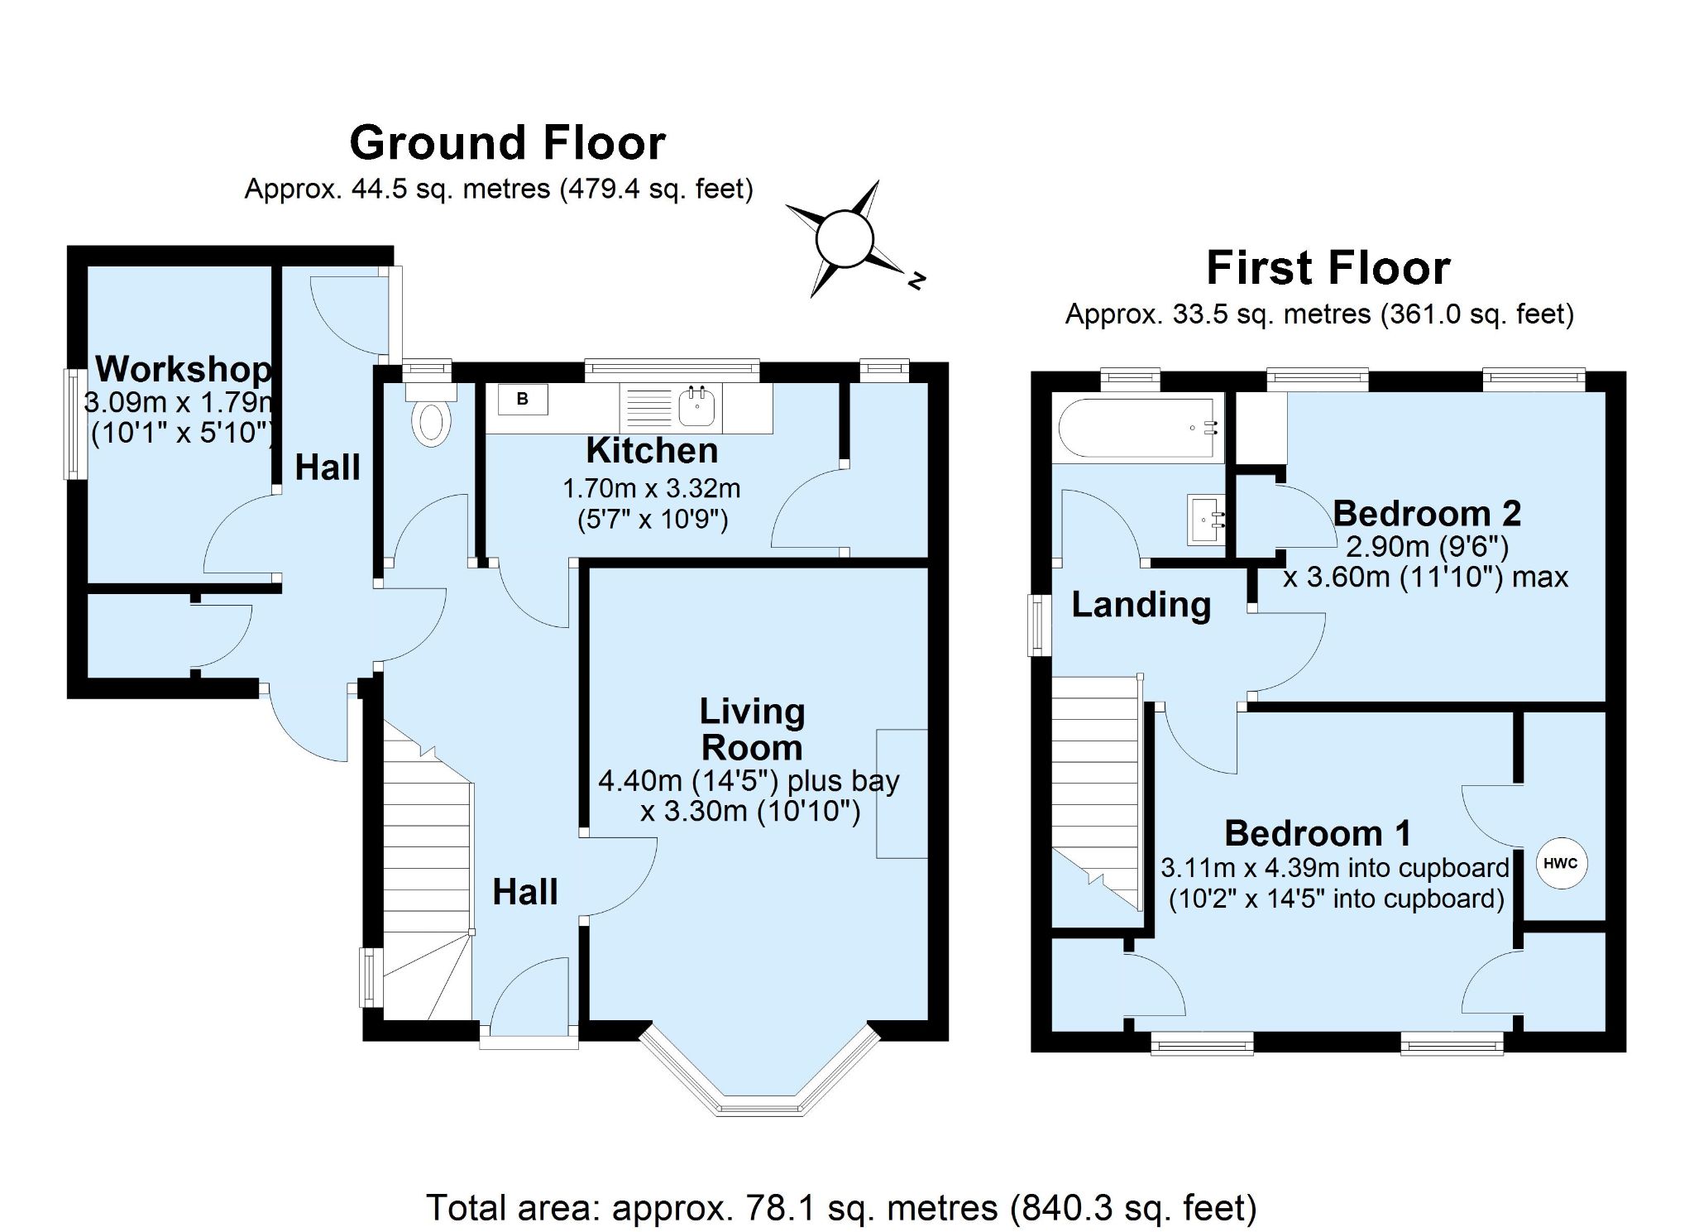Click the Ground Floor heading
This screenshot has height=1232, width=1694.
coord(507,143)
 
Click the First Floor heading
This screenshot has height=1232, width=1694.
coord(1328,268)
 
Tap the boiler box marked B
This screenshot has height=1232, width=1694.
coord(523,400)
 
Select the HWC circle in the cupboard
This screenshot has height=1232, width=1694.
coord(1561,864)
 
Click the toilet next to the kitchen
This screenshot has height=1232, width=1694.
coord(431,422)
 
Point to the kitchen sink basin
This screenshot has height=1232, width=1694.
coord(697,406)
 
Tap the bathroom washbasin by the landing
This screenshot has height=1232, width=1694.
coord(1205,520)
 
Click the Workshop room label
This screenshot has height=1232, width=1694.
coord(184,369)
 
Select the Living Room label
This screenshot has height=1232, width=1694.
coord(751,729)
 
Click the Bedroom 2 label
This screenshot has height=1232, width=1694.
coord(1426,514)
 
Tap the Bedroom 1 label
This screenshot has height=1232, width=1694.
coord(1318,833)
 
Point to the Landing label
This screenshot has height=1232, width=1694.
coord(1141,605)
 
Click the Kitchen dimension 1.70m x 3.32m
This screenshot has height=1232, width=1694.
coord(651,489)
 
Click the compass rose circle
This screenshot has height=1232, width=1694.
coord(844,239)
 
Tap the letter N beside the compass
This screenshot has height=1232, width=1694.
coord(916,280)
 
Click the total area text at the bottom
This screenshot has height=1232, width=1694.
coord(841,1208)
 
